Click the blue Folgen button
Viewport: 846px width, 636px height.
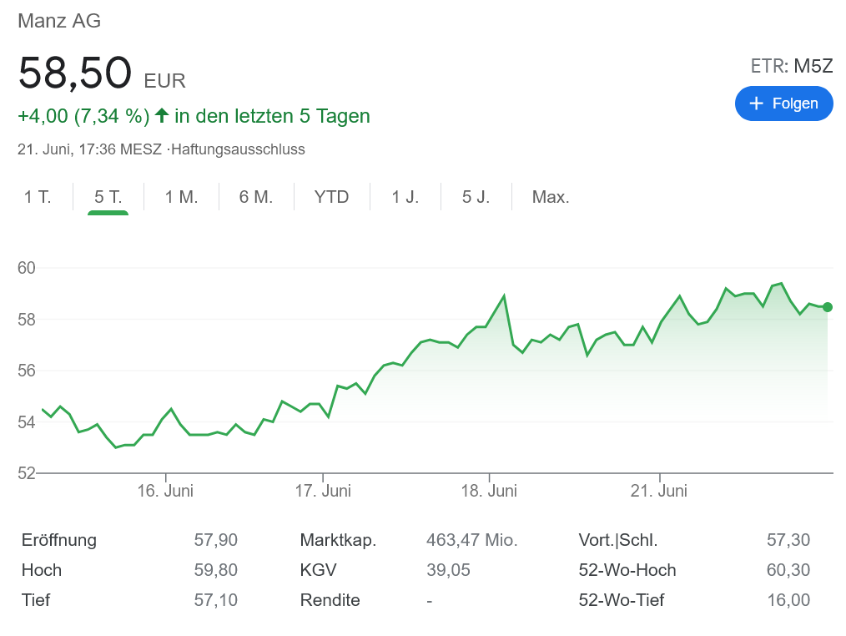click(783, 103)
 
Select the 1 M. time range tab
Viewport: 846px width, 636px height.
click(181, 198)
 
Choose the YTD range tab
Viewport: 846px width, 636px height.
click(331, 198)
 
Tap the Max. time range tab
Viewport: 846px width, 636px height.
click(551, 198)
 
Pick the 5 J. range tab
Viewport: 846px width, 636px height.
click(476, 198)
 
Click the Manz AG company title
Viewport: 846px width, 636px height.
click(59, 22)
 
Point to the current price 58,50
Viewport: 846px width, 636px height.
click(75, 73)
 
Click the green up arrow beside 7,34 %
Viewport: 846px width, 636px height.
click(162, 115)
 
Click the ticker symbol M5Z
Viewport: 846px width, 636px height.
click(813, 67)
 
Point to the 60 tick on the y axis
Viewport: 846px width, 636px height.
click(27, 268)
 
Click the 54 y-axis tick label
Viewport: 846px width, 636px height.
click(27, 422)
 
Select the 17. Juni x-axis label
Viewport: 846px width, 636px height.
click(323, 491)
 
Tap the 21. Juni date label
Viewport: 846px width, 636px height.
click(659, 491)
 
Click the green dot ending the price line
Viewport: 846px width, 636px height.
click(827, 307)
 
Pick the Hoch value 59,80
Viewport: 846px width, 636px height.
click(215, 570)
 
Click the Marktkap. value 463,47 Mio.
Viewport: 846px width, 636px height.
click(471, 540)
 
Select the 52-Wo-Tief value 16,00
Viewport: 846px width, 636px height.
click(788, 600)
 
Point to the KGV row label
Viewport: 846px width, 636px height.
click(318, 570)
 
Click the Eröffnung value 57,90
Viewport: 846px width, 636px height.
click(215, 540)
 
